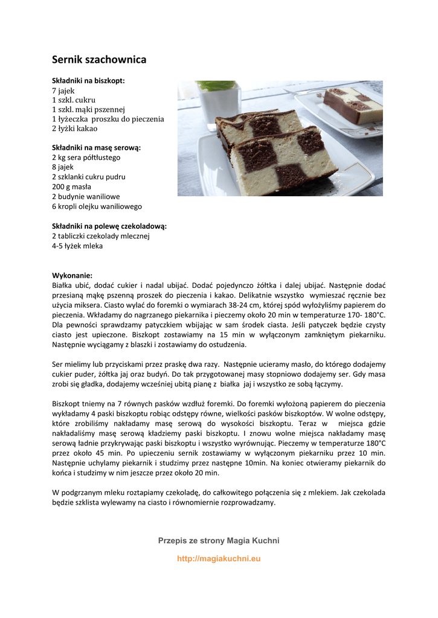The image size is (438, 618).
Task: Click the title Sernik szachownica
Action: tap(99, 60)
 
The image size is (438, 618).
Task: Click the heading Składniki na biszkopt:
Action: tap(88, 80)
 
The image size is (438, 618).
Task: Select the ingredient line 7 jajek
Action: tap(63, 90)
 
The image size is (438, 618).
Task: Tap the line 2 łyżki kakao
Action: tap(74, 129)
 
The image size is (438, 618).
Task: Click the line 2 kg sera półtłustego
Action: tap(86, 158)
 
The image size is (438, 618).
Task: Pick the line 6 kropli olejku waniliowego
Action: tap(97, 206)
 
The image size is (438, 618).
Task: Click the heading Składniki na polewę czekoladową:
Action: tap(109, 226)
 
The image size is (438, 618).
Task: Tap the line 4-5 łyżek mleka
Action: tap(77, 246)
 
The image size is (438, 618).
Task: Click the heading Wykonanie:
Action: tap(72, 275)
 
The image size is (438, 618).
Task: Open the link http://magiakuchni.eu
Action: tap(219, 559)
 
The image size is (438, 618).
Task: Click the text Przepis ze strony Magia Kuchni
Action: tap(219, 540)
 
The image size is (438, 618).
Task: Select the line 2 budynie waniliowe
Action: tap(86, 197)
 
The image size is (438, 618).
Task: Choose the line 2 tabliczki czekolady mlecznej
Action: tap(100, 236)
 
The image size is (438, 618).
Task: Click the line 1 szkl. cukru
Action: tap(74, 100)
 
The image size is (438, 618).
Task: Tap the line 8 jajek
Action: tap(63, 167)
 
